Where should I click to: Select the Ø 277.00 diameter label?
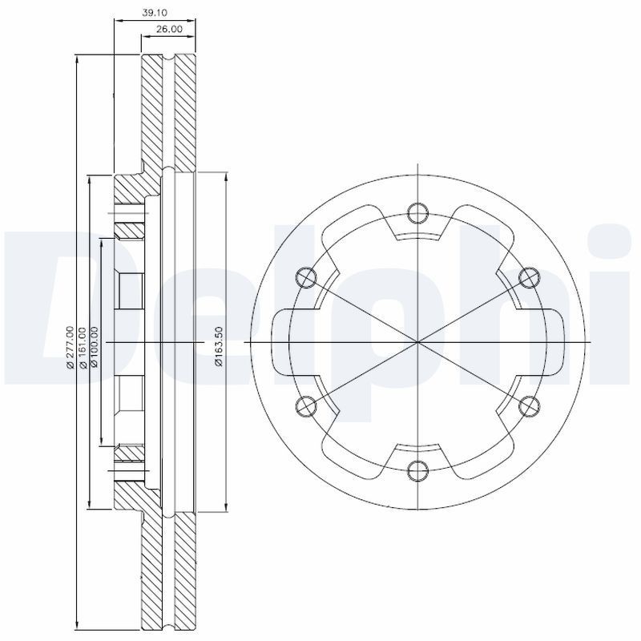(x=71, y=346)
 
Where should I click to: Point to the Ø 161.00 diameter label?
(x=83, y=346)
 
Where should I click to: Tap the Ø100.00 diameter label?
(x=95, y=346)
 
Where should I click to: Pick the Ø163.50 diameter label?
(x=218, y=346)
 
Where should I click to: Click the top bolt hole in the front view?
(x=417, y=212)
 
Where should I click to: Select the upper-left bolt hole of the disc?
(x=305, y=276)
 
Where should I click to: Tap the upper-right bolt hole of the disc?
(x=528, y=276)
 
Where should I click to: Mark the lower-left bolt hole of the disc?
(x=305, y=405)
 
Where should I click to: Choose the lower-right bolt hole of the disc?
(x=528, y=405)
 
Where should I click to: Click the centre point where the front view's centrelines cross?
(x=417, y=341)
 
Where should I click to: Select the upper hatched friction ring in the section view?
(x=168, y=112)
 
